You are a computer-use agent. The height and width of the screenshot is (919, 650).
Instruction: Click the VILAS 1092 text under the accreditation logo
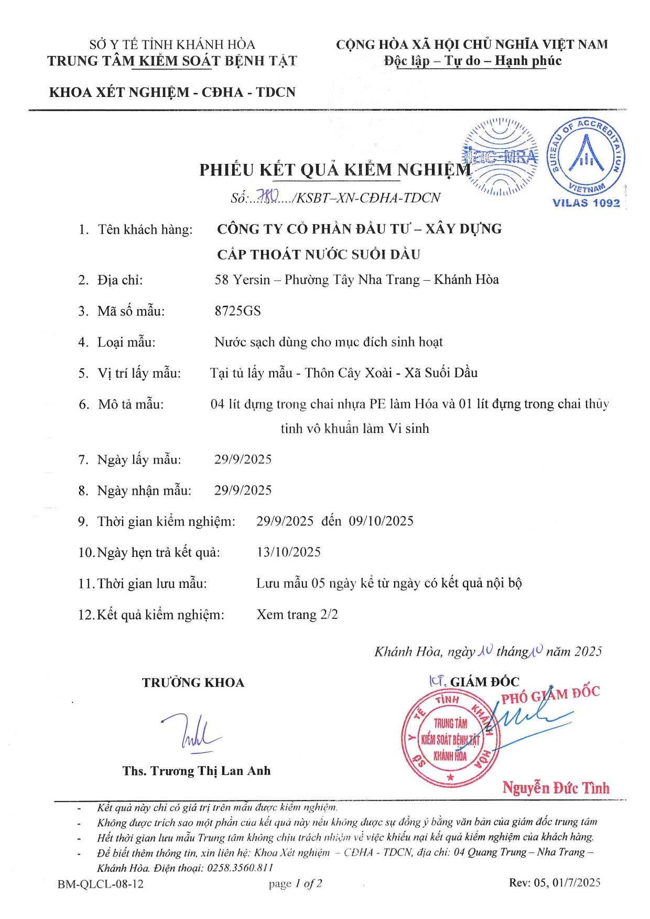586,203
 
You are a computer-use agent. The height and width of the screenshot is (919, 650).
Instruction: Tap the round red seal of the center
450,739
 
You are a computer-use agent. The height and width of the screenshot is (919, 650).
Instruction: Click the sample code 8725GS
237,311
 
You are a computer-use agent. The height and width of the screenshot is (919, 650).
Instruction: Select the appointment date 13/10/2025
288,552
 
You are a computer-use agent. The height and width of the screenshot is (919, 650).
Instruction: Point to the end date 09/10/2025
381,521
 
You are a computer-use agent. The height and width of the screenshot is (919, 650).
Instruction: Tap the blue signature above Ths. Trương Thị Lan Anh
191,732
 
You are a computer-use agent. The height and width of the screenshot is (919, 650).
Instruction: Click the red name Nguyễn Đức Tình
556,787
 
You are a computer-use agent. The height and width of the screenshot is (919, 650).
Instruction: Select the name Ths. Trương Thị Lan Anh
197,771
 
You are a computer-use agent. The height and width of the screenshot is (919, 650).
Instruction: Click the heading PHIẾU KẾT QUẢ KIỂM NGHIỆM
335,170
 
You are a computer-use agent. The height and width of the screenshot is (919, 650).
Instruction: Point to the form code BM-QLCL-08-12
101,884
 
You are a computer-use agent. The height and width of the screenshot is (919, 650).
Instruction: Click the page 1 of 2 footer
295,884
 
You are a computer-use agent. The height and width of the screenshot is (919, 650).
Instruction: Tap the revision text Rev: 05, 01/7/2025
555,883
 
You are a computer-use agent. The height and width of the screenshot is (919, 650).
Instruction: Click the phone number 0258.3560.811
240,868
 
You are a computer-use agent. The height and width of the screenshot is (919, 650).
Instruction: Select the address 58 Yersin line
356,280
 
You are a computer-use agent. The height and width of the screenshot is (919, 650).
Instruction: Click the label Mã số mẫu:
131,311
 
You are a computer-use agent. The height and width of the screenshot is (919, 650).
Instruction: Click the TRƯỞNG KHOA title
193,683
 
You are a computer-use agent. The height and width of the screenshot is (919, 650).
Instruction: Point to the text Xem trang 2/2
297,614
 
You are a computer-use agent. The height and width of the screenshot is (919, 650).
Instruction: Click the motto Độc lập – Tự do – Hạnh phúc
472,61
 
